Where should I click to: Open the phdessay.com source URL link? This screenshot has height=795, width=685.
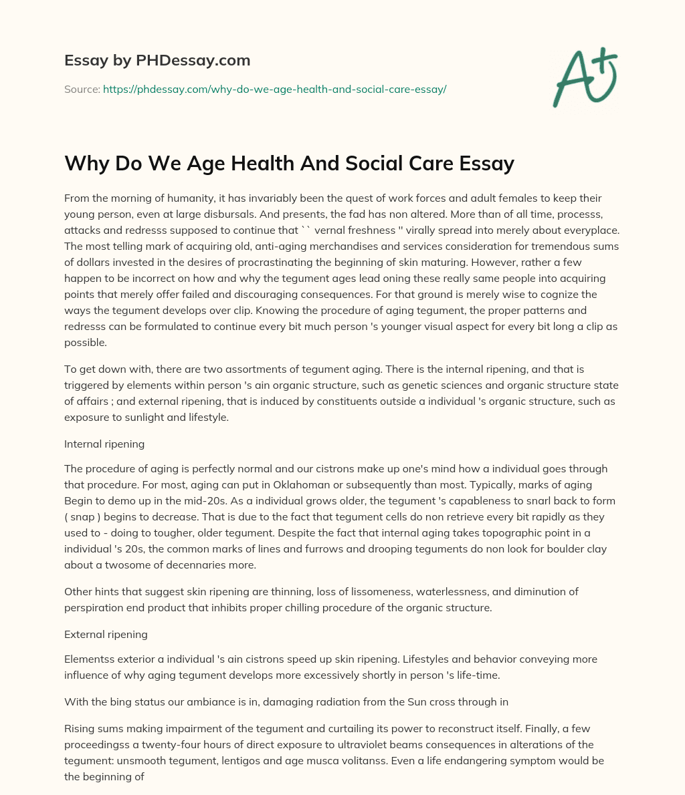tap(274, 89)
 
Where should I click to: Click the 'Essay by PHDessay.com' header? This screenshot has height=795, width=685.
tap(157, 60)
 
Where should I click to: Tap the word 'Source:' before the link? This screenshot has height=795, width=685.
tap(82, 89)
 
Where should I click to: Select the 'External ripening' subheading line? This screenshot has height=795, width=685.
tap(106, 634)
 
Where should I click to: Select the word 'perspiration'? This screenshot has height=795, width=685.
tap(94, 608)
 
